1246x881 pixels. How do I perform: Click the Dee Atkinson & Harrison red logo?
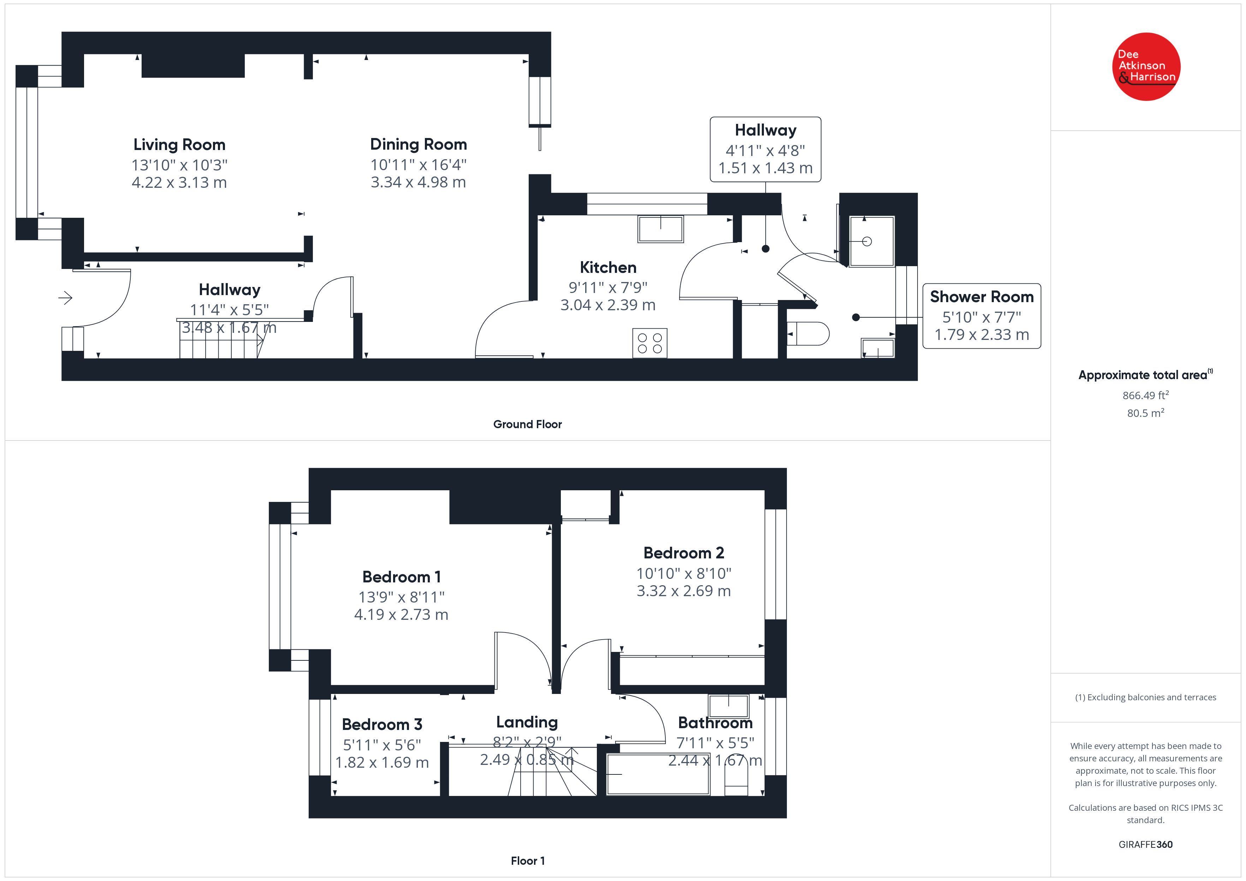(x=1146, y=67)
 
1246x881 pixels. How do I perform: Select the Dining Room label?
(x=419, y=144)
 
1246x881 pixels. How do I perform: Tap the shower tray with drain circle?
(x=872, y=241)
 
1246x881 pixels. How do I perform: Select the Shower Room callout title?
(x=982, y=297)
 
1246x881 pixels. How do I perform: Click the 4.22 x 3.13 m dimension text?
(x=179, y=182)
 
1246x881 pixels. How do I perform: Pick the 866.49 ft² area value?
(x=1146, y=395)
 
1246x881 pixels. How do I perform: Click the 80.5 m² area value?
(x=1146, y=413)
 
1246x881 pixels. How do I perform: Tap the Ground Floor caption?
(x=528, y=424)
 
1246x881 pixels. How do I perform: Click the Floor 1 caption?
(x=528, y=861)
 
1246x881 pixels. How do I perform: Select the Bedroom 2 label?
(x=684, y=553)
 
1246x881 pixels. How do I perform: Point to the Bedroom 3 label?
(x=382, y=725)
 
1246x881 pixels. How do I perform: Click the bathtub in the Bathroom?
(x=658, y=774)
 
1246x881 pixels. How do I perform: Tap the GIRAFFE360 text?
(x=1146, y=845)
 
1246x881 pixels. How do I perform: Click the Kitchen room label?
(x=608, y=268)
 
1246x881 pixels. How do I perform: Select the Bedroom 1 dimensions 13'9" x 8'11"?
(x=401, y=597)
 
